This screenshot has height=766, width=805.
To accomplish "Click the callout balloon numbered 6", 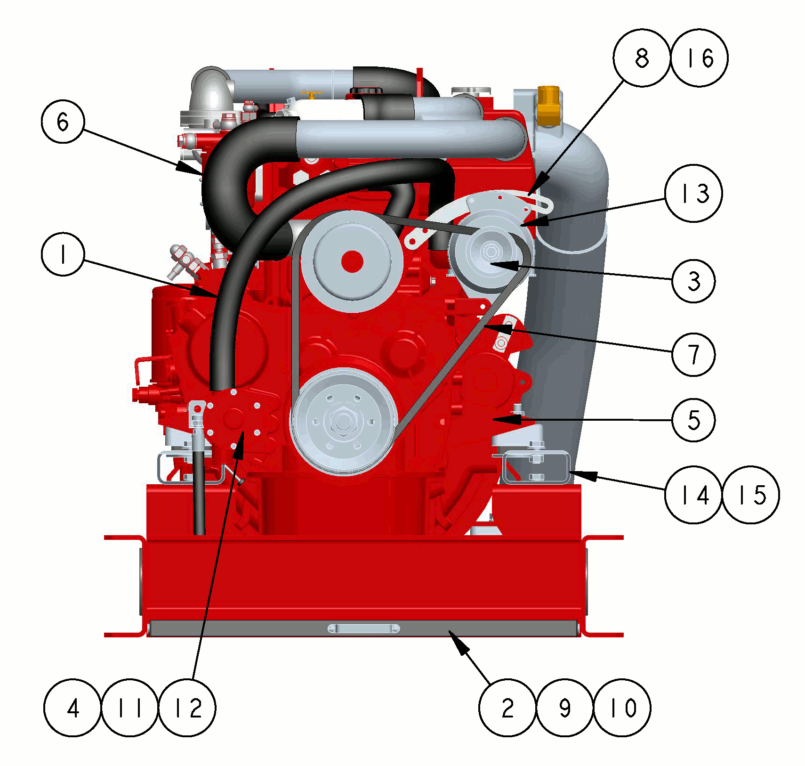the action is pos(63,122).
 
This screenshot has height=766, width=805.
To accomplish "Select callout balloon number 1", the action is pos(63,254).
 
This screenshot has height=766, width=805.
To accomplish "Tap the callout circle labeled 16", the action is pos(699,58).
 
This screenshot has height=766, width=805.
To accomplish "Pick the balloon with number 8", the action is pos(642,58).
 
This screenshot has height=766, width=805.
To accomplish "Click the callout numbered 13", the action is pos(693,193).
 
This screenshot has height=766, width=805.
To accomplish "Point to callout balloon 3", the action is pos(693,281).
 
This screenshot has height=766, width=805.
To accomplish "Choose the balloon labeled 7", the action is pos(693,354).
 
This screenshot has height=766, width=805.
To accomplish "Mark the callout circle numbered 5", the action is pos(693,420).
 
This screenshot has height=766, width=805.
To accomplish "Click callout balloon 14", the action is pos(693,495).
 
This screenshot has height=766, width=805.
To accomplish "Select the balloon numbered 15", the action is pos(751,495).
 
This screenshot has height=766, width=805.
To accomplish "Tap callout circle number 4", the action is pos(72,708).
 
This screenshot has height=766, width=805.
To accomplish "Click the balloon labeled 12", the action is pos(187,708).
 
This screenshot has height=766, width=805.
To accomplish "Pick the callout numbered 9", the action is pos(565,708).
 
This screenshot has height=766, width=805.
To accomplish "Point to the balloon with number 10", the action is pos(622,708).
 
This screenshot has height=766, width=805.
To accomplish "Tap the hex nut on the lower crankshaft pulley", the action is pos(343,421).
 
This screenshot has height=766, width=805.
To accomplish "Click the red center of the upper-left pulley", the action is pos(352,262).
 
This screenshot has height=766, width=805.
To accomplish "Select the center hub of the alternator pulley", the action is pos(491,251).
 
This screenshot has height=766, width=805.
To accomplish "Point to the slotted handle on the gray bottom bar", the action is pos(363,628).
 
